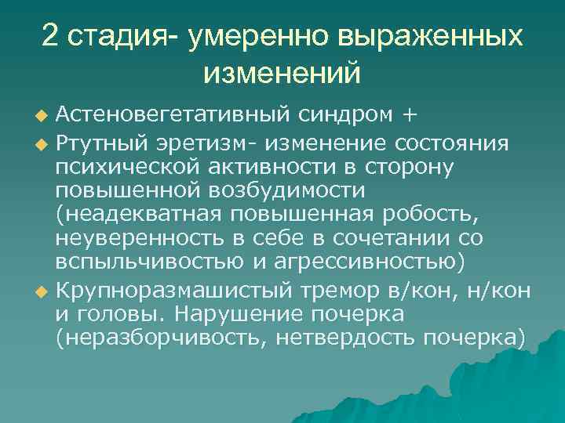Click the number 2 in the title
(x=51, y=36)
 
